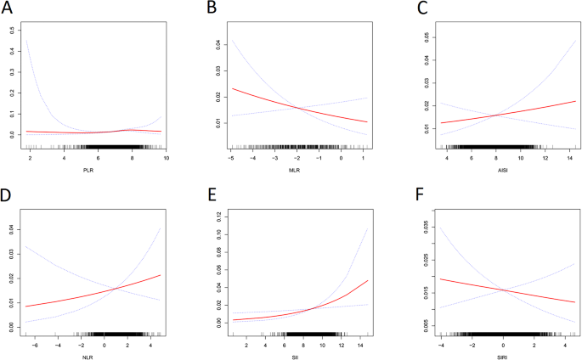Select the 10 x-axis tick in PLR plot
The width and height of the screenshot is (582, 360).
tap(167, 158)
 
